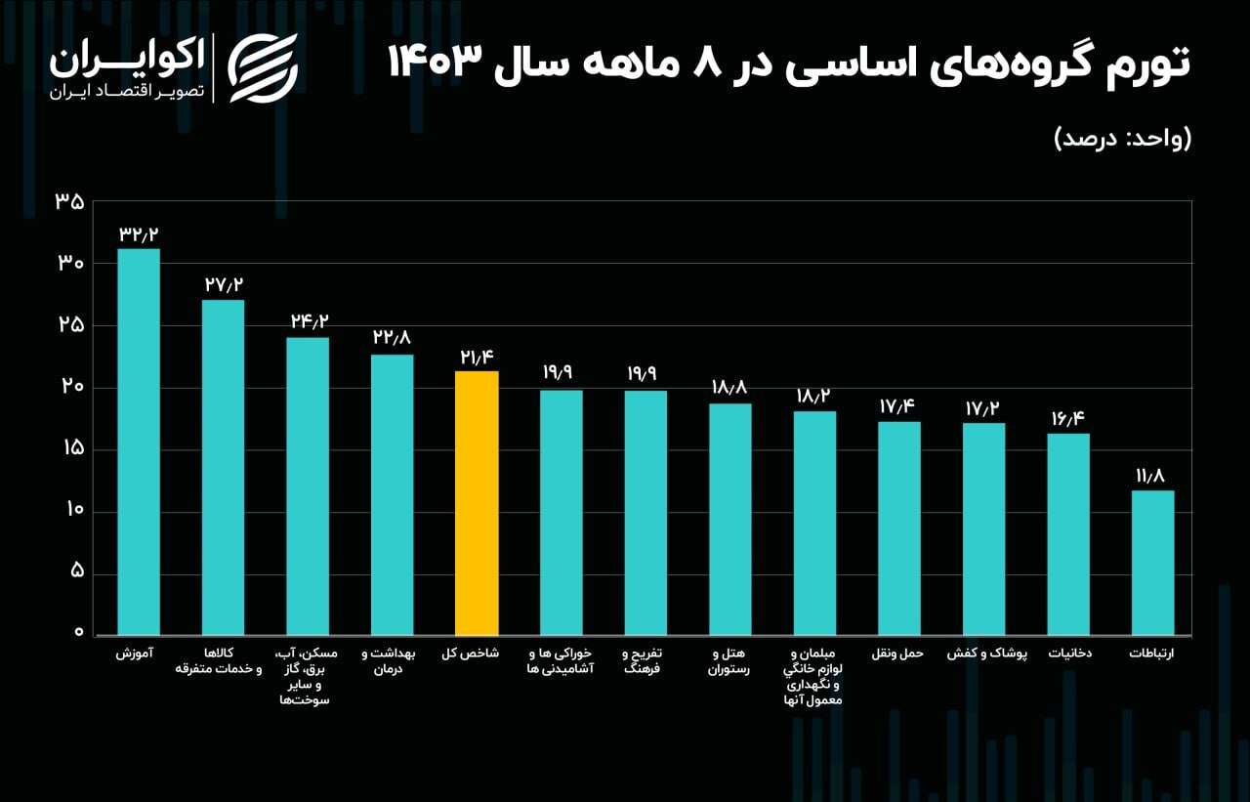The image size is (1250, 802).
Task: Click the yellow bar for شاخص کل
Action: click(477, 503)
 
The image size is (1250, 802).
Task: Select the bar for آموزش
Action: click(139, 442)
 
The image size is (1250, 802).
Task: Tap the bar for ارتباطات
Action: click(1152, 563)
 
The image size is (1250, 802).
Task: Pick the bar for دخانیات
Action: click(1068, 534)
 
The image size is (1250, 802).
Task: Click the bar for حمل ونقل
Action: click(898, 528)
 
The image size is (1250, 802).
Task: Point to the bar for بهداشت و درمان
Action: click(392, 494)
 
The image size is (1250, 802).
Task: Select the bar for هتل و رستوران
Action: click(729, 519)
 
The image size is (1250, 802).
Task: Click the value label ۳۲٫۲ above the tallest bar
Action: click(139, 234)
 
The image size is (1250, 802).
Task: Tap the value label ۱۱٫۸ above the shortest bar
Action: click(1152, 477)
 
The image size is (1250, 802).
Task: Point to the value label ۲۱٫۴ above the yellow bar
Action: click(477, 358)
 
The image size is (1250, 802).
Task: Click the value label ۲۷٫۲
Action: click(224, 285)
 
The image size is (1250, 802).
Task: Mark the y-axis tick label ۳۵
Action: click(69, 202)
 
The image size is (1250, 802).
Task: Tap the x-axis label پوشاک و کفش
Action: click(984, 654)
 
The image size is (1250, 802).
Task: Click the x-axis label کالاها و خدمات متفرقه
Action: click(219, 661)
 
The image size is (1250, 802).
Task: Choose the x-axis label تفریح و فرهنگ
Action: click(646, 661)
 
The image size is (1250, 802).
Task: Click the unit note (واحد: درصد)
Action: click(1123, 138)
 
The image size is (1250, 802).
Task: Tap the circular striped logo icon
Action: click(263, 67)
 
